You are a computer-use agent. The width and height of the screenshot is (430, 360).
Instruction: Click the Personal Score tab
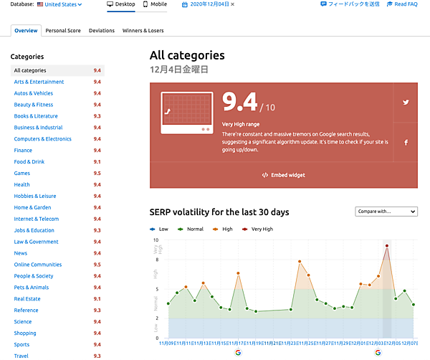(x=63, y=31)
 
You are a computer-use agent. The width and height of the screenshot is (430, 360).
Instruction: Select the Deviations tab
(x=102, y=31)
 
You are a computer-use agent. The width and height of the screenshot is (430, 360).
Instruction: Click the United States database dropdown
(x=60, y=4)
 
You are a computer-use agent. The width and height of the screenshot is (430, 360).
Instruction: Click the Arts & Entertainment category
(x=39, y=82)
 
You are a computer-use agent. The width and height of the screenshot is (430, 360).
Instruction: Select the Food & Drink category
(x=29, y=162)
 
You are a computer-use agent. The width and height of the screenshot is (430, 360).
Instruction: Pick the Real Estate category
(x=27, y=299)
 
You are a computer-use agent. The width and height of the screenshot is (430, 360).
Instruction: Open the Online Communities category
(x=38, y=265)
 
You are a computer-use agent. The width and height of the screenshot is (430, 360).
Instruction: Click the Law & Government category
(x=37, y=242)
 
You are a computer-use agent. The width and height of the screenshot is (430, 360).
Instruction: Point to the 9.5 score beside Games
(x=97, y=174)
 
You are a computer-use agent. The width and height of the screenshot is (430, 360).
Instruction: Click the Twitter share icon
(x=406, y=102)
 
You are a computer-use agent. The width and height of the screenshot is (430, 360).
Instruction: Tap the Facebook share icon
(x=406, y=143)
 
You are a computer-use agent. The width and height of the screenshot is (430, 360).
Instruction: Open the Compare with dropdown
(x=386, y=212)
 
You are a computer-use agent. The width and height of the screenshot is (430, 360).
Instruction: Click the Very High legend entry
(x=260, y=229)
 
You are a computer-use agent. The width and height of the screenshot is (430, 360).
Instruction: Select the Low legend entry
(x=161, y=229)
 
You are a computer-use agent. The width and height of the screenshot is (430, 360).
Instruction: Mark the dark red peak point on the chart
(x=387, y=246)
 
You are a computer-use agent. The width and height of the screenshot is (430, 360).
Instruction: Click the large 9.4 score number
(x=239, y=103)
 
